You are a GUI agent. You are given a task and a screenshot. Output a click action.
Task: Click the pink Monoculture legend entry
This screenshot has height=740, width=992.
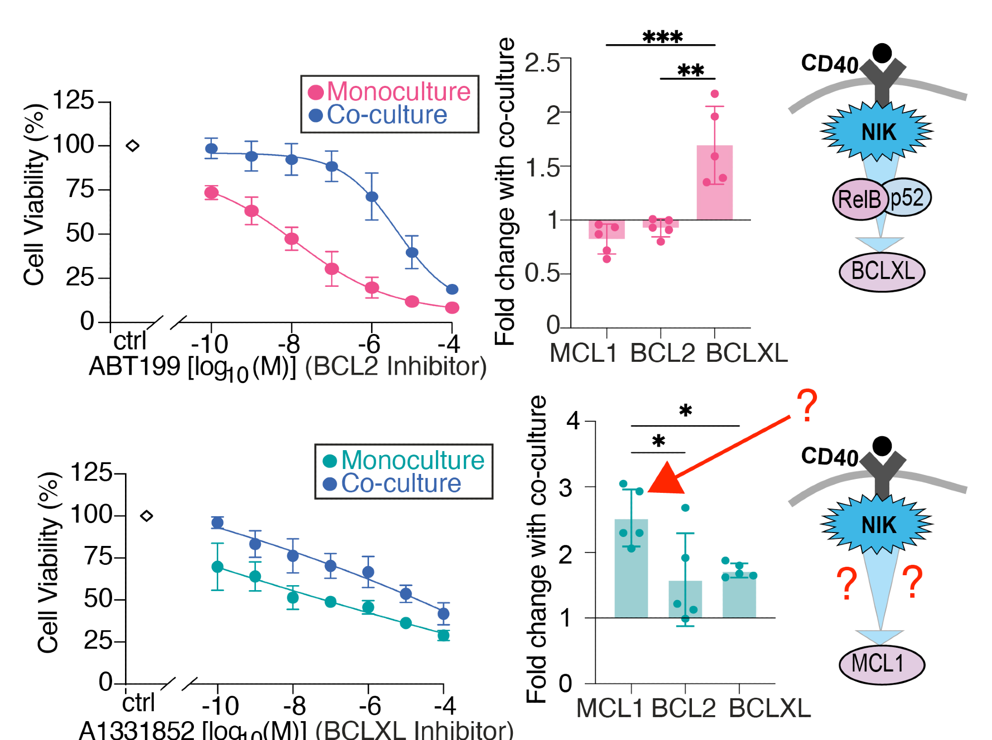tap(389, 92)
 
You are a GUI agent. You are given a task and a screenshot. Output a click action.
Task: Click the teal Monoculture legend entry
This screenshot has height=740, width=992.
tap(404, 460)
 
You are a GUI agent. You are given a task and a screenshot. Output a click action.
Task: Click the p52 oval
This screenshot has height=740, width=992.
tap(908, 198)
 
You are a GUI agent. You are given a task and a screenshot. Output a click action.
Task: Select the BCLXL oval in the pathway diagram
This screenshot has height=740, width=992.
tap(882, 271)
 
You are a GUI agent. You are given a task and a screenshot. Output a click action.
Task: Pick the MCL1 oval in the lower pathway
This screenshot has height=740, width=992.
tap(881, 664)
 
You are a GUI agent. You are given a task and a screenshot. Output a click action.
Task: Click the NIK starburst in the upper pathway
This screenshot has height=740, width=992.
tap(877, 132)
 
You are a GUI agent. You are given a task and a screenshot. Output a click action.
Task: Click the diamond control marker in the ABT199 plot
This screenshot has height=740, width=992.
tap(132, 145)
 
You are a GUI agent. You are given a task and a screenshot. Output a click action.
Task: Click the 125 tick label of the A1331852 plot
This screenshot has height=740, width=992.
tap(91, 472)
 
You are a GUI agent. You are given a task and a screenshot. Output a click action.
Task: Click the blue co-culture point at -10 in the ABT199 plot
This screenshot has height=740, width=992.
tap(211, 148)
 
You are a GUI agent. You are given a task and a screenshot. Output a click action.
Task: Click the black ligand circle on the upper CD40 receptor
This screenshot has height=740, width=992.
tap(882, 53)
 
